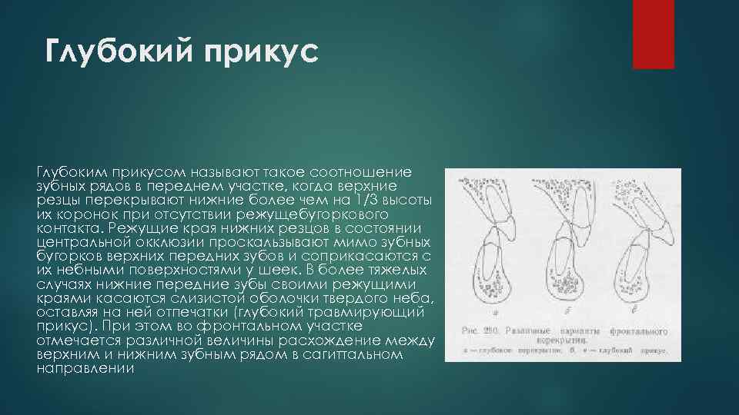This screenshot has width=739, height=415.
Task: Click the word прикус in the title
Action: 257,55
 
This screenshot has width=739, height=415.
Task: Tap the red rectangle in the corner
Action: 653,35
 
